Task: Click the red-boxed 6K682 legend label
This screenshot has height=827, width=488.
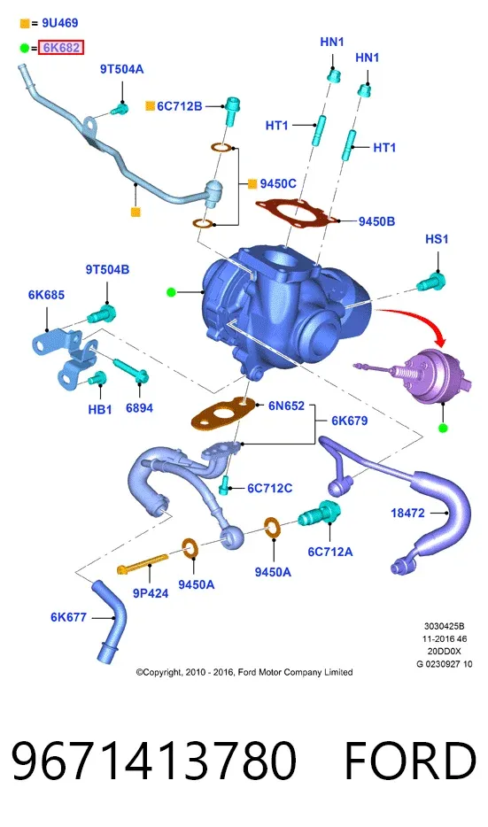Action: pyautogui.click(x=61, y=48)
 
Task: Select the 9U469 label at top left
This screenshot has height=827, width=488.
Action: pyautogui.click(x=60, y=23)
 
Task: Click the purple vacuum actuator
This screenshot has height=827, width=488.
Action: pyautogui.click(x=425, y=375)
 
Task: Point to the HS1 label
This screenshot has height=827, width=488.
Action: pyautogui.click(x=437, y=239)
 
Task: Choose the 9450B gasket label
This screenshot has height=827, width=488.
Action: pyautogui.click(x=376, y=221)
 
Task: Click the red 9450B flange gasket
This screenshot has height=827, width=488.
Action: pyautogui.click(x=297, y=213)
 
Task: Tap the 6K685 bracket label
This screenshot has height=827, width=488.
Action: pyautogui.click(x=46, y=295)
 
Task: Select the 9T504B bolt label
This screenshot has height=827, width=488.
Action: pyautogui.click(x=108, y=269)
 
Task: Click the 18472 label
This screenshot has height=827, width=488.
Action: pyautogui.click(x=407, y=513)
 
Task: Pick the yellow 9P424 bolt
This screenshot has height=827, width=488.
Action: pyautogui.click(x=143, y=563)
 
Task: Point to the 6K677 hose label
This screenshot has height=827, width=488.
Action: pyautogui.click(x=68, y=616)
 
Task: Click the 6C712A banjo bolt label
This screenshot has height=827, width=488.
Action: pyautogui.click(x=330, y=552)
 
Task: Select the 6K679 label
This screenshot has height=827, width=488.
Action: pyautogui.click(x=350, y=421)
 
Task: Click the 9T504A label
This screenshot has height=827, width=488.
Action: pyautogui.click(x=122, y=69)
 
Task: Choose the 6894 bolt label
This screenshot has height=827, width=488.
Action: pyautogui.click(x=139, y=407)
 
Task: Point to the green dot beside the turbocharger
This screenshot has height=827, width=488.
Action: pyautogui.click(x=171, y=291)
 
